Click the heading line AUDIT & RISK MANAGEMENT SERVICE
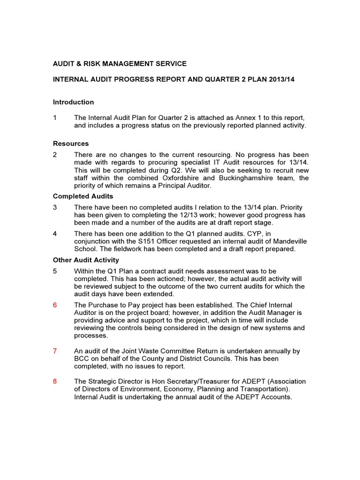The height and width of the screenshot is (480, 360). click(x=120, y=63)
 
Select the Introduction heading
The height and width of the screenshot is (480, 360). click(x=73, y=102)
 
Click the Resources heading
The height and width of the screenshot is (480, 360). click(x=71, y=143)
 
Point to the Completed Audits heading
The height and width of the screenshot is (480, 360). click(x=83, y=196)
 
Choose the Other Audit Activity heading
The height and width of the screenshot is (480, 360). click(x=86, y=260)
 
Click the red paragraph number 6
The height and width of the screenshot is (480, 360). click(x=55, y=305)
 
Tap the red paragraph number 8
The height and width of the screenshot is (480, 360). click(x=55, y=381)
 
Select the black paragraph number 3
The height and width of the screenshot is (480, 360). click(x=55, y=207)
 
